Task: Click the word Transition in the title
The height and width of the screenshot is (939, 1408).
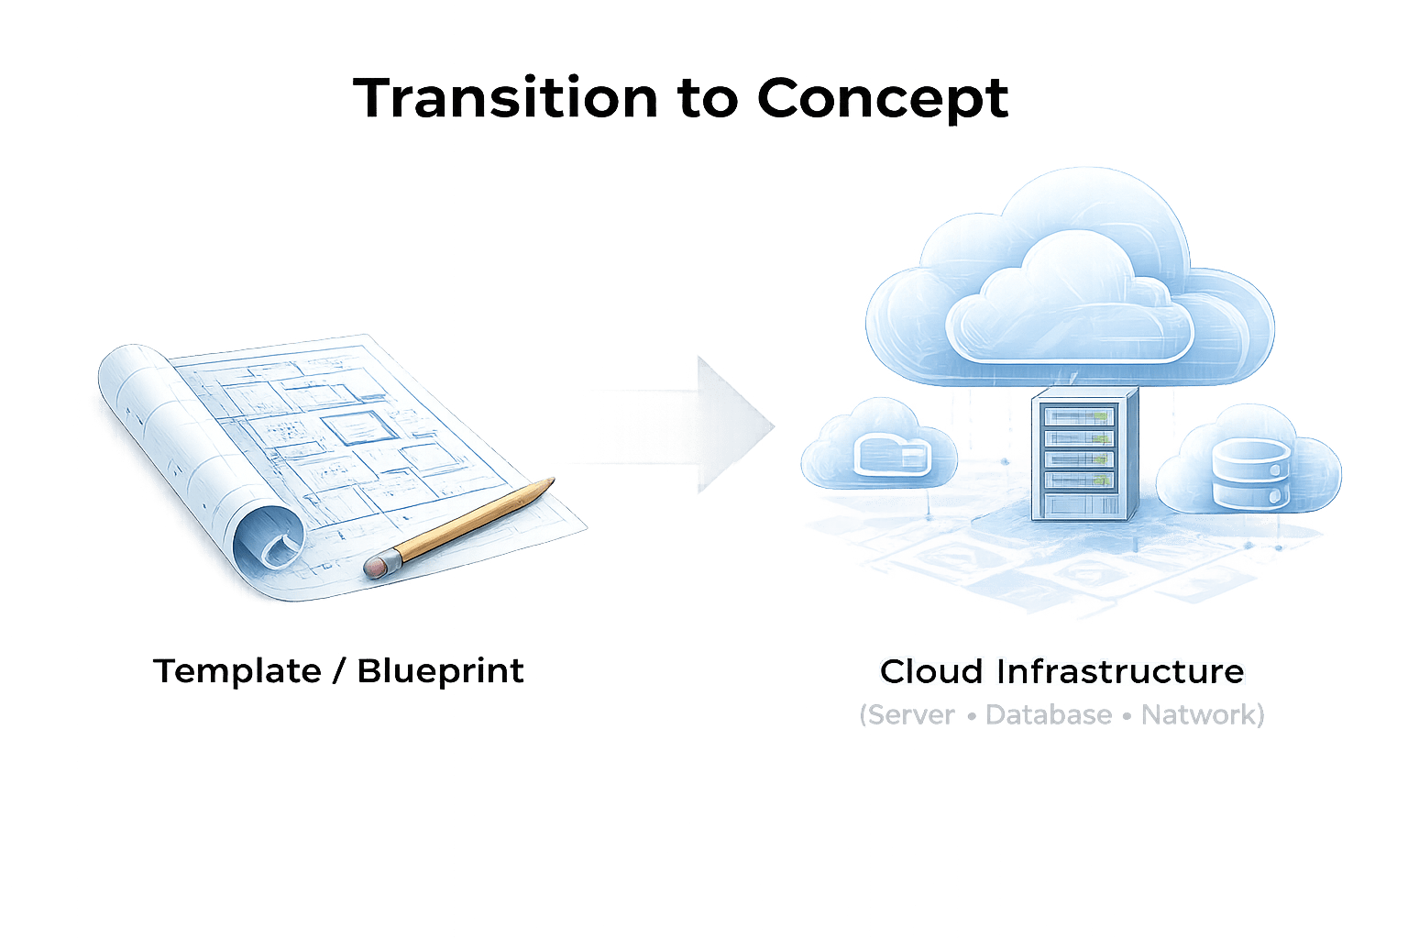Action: (x=505, y=97)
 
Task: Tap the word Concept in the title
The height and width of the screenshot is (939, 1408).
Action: (x=883, y=99)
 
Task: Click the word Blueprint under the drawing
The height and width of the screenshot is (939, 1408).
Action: (x=440, y=671)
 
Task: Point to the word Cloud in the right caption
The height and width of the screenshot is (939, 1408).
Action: (x=931, y=671)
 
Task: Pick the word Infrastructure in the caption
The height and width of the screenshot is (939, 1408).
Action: (x=1121, y=671)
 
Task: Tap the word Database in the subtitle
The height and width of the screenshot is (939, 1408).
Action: (x=1049, y=714)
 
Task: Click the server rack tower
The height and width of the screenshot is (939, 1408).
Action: (x=1084, y=454)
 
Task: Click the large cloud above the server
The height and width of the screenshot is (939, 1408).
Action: (x=1069, y=284)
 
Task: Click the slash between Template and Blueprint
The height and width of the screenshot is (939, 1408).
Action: (x=338, y=671)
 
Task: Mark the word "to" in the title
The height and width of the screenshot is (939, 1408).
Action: (x=707, y=99)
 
